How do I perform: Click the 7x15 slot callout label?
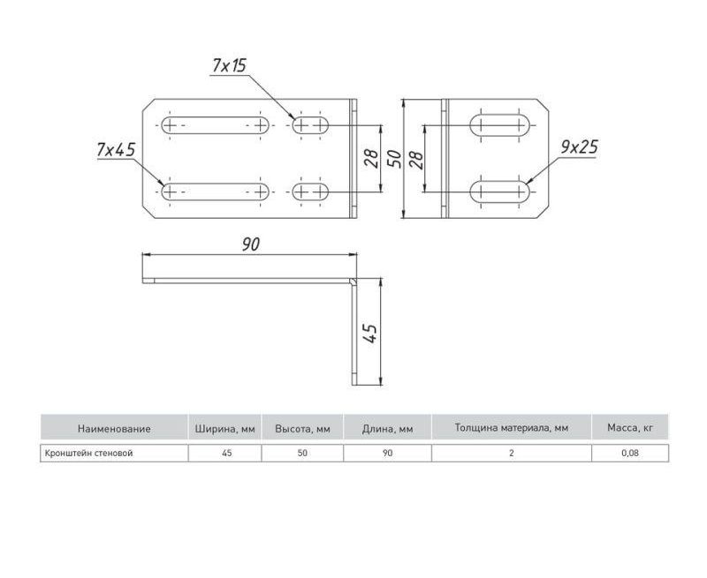[x=229, y=65]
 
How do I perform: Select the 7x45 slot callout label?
[x=116, y=149]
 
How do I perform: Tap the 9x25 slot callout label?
[x=580, y=147]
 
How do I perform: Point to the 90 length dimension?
[x=251, y=244]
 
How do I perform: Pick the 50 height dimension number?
[x=394, y=159]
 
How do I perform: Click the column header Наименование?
[x=114, y=429]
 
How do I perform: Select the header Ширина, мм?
[x=225, y=429]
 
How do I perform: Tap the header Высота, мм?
[x=302, y=429]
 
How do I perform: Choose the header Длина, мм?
[x=387, y=429]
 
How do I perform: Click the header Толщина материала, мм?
[x=512, y=428]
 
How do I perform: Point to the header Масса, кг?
[x=630, y=428]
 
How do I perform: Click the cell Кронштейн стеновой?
[x=88, y=454]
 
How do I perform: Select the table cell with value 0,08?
[x=630, y=454]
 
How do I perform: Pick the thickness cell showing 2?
[x=512, y=454]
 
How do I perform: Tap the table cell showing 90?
[x=387, y=454]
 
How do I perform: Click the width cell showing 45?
[x=227, y=454]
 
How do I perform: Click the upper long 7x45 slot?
[x=215, y=125]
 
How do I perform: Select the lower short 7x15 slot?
[x=310, y=191]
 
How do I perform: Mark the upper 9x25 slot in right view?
[x=500, y=124]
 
